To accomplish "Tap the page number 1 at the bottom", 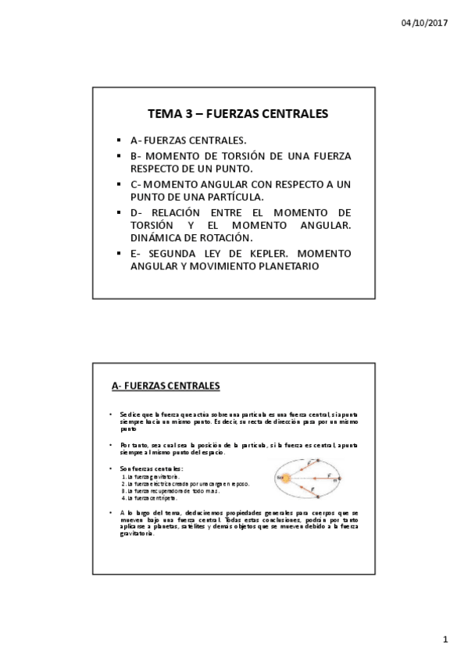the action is pos(445,641).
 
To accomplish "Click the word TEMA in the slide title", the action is pos(164,114).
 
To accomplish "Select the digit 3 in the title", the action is pos(188,114).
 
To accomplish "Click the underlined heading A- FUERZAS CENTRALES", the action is pos(166,386).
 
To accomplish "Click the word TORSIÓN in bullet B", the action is pos(230,156).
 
